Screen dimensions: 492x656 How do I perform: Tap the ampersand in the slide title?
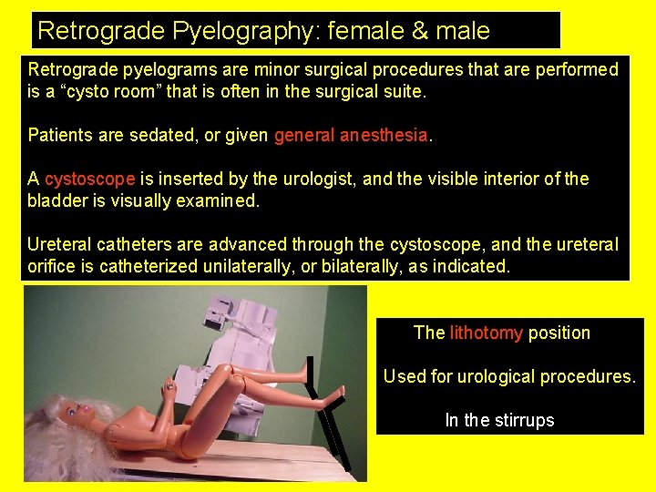(421, 31)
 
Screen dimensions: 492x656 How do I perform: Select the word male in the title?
(462, 31)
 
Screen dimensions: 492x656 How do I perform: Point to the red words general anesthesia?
(351, 136)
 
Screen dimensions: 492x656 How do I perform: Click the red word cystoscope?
(90, 179)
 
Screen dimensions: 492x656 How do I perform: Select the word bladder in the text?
(56, 201)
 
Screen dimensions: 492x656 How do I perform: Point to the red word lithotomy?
(486, 333)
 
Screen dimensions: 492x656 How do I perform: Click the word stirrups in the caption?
(524, 420)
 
